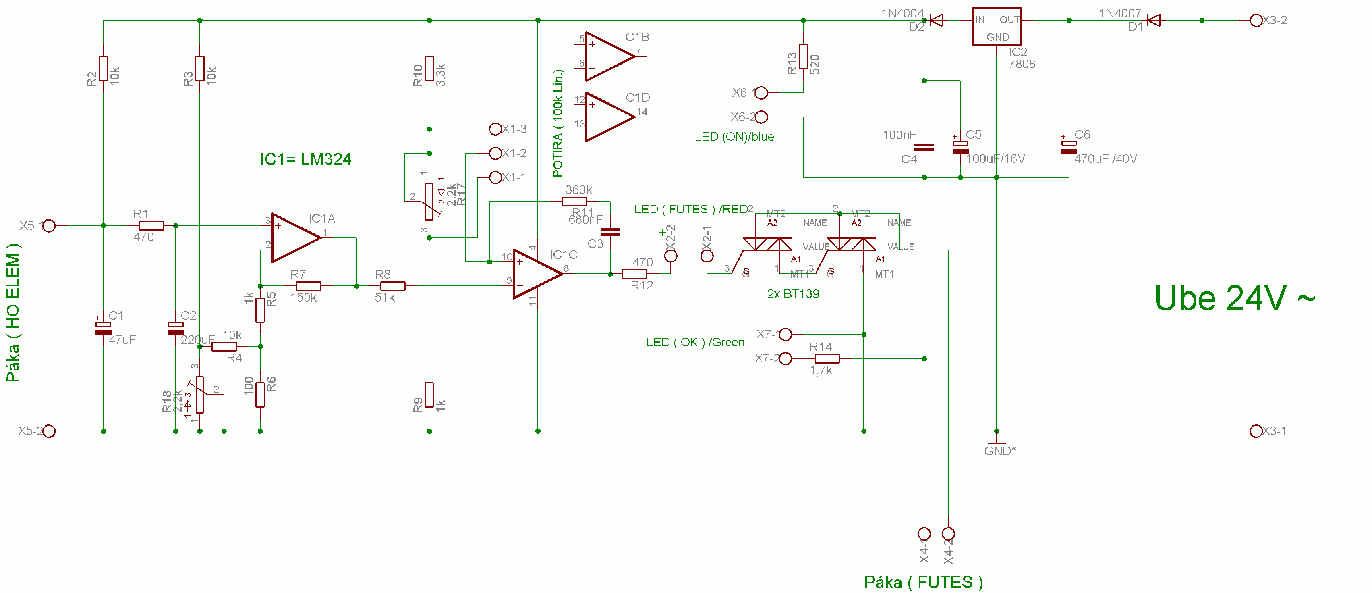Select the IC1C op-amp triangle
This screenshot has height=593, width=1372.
click(x=536, y=274)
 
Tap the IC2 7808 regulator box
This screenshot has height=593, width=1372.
click(x=996, y=27)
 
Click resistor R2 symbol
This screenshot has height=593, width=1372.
click(x=104, y=69)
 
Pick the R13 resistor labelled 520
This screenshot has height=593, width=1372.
click(x=803, y=57)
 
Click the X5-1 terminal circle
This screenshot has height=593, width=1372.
click(x=49, y=226)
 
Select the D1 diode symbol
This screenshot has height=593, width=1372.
click(x=1154, y=20)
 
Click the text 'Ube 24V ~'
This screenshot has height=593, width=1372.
click(x=1234, y=298)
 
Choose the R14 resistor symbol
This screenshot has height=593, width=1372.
click(x=827, y=358)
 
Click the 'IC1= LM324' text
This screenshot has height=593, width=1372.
click(x=305, y=159)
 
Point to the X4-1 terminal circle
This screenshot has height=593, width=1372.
click(x=924, y=533)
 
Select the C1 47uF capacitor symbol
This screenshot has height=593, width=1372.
click(x=104, y=328)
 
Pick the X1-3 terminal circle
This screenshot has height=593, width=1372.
click(x=495, y=129)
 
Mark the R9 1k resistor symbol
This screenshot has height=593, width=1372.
click(x=429, y=395)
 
